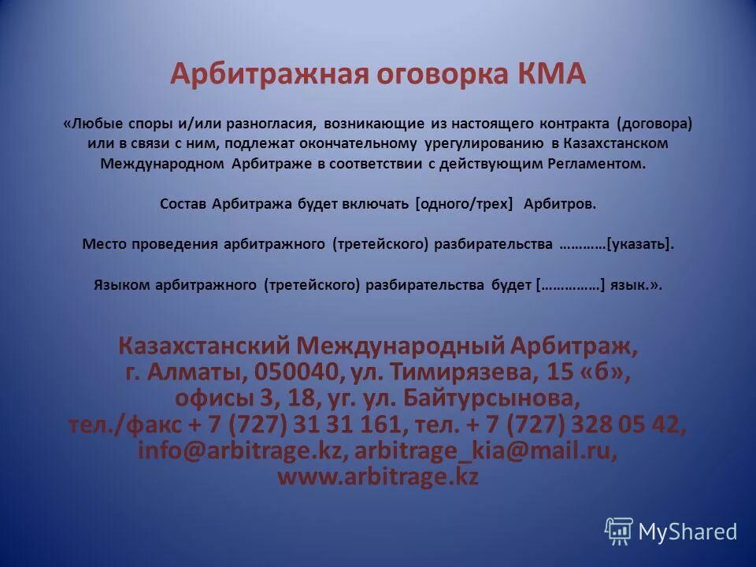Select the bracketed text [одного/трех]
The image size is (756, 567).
[464, 203]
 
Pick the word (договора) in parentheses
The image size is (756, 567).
[655, 124]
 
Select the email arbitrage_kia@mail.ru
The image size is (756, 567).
[474, 450]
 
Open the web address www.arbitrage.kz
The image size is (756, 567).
[378, 476]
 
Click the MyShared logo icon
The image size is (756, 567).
[619, 532]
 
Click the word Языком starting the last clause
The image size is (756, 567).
[120, 285]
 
